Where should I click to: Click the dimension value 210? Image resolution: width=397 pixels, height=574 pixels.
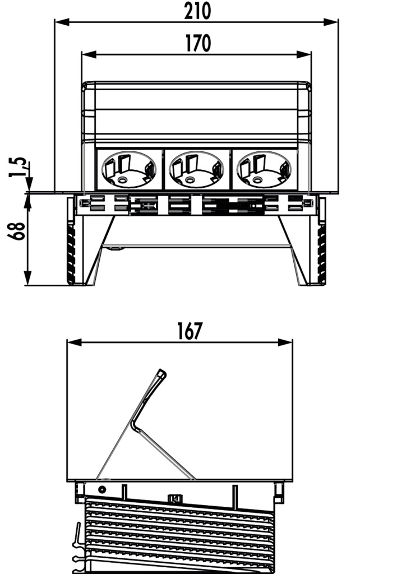point(197,11)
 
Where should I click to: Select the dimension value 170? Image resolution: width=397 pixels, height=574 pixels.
point(198,43)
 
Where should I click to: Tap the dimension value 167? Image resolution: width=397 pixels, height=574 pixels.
point(190,331)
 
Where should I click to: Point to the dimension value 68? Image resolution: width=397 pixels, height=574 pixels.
point(17,231)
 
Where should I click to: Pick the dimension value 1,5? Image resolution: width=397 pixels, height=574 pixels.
point(17,167)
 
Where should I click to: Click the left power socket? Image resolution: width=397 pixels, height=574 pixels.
point(128,169)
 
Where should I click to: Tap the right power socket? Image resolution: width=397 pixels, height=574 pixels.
point(264,169)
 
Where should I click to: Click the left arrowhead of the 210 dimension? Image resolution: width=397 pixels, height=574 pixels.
point(62,22)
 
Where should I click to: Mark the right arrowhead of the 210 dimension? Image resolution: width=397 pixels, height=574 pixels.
point(331,22)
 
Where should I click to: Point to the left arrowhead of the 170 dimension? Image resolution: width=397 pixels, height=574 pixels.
point(89,54)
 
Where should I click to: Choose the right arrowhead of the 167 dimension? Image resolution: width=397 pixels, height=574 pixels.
point(285,342)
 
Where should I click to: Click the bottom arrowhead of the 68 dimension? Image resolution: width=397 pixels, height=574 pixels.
point(28,278)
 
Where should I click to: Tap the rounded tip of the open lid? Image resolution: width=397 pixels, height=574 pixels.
point(161,373)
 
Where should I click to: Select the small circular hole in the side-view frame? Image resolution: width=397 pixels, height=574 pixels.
point(102,489)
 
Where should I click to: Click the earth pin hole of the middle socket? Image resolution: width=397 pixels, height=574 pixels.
point(190,180)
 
